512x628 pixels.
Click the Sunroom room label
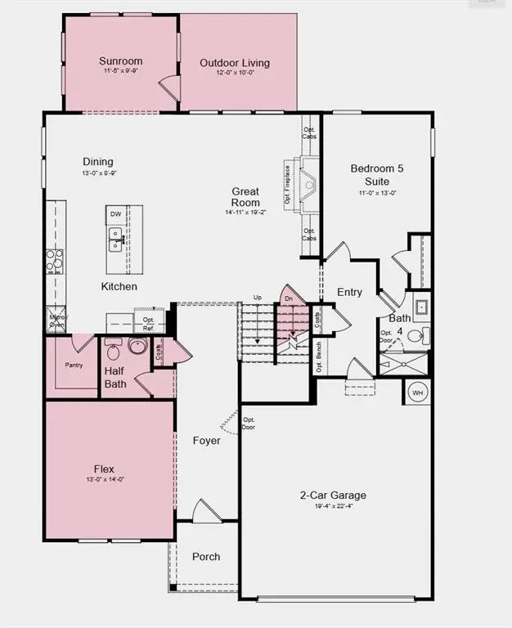pos(121,61)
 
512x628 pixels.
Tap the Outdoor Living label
pos(235,63)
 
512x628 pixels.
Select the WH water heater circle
pos(418,392)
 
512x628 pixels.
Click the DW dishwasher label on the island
pos(116,214)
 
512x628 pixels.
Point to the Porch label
pos(206,557)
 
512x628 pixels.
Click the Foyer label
pos(207,441)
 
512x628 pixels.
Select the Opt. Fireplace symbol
pos(308,187)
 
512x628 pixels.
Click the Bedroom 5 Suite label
pos(376,175)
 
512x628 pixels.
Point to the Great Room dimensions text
pos(245,213)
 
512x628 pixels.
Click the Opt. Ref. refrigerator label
pos(149,323)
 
